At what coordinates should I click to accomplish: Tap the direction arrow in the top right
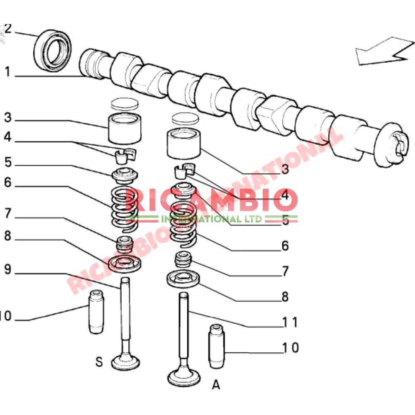click(x=383, y=52)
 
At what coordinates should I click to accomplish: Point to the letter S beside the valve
click(x=99, y=362)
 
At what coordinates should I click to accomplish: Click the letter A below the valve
click(x=216, y=385)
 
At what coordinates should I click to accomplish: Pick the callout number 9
click(x=8, y=270)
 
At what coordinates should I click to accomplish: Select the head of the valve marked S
click(x=125, y=362)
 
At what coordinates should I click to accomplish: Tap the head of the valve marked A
click(x=183, y=376)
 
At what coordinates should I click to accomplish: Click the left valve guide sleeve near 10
click(x=96, y=311)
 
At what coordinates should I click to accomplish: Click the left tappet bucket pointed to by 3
click(x=123, y=128)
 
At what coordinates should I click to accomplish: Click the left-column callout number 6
click(x=8, y=183)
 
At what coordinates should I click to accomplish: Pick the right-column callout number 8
click(x=285, y=297)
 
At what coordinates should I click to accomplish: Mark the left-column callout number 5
click(x=8, y=162)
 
